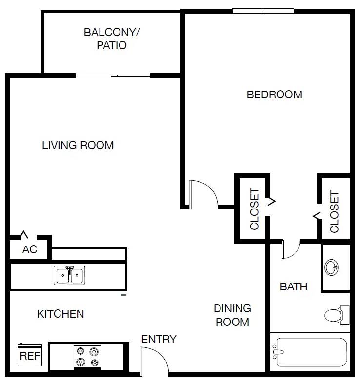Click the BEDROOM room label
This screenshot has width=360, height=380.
[x=274, y=95]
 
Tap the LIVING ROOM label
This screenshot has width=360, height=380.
[x=78, y=145]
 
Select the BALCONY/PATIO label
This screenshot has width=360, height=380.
[x=112, y=39]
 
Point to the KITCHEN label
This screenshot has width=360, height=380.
[x=60, y=314]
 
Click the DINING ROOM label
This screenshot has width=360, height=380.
[x=233, y=315]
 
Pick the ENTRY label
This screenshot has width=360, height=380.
[x=159, y=340]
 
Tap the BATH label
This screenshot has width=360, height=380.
[x=294, y=286]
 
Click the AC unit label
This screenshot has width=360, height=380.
[x=30, y=249]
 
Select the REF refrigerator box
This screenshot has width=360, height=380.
[x=29, y=356]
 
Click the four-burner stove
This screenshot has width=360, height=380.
[x=88, y=356]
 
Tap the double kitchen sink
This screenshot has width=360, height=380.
[x=69, y=275]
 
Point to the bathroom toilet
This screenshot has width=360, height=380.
[x=337, y=315]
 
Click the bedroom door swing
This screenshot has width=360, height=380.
[x=202, y=194]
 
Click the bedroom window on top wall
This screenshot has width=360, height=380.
[x=263, y=11]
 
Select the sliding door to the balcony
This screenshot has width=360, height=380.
[x=113, y=76]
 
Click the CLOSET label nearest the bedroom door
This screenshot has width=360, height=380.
[x=254, y=209]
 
